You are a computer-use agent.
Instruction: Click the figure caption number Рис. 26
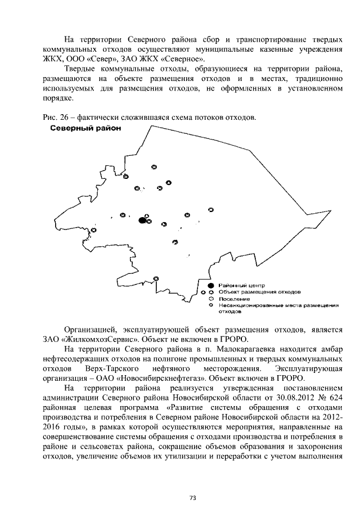pos(54,118)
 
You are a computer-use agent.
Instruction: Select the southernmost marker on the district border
pos(156,278)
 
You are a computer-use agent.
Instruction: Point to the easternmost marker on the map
pos(210,209)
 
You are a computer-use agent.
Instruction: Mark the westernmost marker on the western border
pos(94,230)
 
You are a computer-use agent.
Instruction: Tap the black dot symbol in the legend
pos(210,286)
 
